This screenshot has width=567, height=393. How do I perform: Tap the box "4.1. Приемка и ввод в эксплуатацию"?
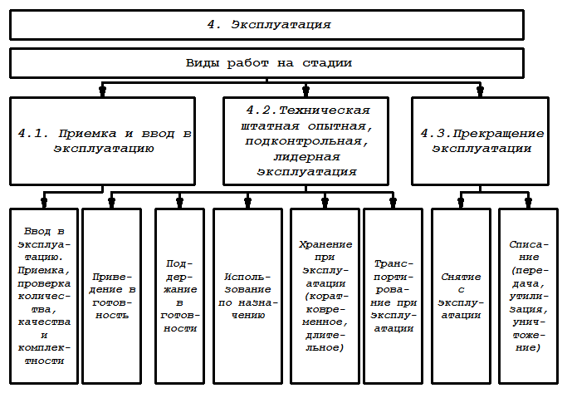(102, 140)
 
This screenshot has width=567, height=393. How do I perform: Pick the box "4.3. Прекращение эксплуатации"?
(481, 140)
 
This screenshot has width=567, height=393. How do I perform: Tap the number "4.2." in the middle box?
(262, 110)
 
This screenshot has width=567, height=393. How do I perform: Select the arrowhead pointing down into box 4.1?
(102, 90)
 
